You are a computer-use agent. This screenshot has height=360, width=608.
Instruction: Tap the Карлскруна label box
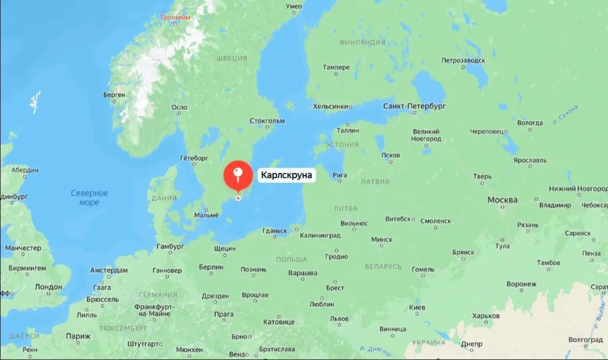coord(286,175)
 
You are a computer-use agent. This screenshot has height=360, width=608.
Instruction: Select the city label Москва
coord(502,200)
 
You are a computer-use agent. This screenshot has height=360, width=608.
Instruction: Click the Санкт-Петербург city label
coord(414,106)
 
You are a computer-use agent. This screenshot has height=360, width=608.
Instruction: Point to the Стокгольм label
coord(267,121)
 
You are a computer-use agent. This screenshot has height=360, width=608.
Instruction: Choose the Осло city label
coord(179,108)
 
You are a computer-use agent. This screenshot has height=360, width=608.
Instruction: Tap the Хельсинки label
coord(331,106)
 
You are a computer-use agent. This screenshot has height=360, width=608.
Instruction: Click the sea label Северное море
coord(90,198)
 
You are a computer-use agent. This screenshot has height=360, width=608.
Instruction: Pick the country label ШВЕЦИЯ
coord(232,58)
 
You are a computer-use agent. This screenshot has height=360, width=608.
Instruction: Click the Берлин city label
coord(211,267)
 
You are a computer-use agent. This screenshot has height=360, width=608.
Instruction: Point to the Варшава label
coord(303,273)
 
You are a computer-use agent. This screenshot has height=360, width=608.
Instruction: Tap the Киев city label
coord(417,307)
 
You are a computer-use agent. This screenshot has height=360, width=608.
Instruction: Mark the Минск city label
coord(381,239)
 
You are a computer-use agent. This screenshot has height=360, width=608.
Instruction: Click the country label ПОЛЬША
coord(292,260)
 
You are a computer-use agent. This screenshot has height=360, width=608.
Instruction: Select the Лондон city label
coord(48,287)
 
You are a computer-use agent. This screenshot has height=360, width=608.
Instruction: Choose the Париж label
coord(78,336)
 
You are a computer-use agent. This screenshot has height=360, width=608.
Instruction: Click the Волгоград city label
coord(585,340)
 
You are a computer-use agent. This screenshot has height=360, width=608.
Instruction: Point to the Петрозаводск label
coord(463,61)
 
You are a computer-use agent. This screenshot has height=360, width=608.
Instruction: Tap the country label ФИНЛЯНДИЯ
coord(362,43)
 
